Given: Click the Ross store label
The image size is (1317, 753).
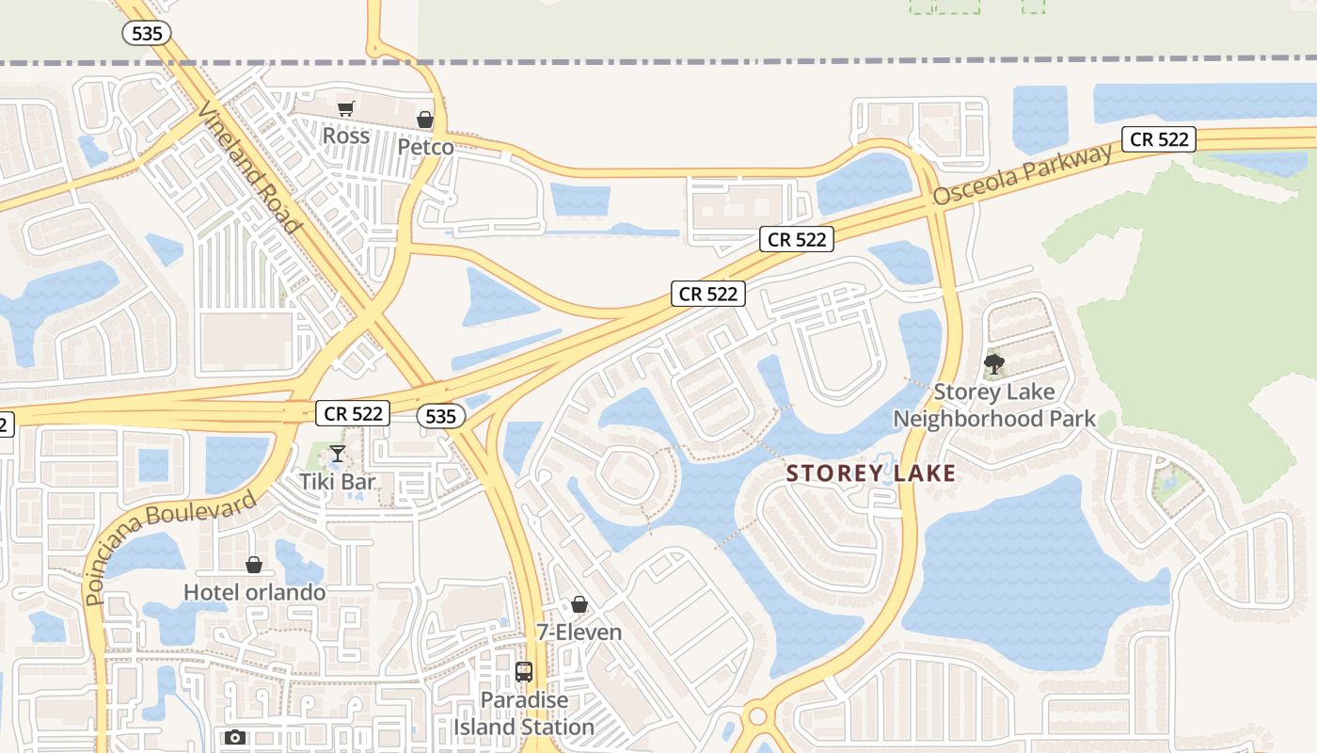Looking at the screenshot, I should pos(345,136).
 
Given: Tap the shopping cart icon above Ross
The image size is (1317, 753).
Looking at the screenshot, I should pos(345,109).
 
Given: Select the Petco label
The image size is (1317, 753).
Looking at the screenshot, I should pos(425,148).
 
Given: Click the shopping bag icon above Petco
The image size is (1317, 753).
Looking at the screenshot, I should pos(425,120).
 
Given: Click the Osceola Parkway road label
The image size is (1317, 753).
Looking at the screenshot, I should pos(1023,176).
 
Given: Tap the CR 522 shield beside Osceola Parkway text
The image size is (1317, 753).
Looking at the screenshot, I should pos(1159,139).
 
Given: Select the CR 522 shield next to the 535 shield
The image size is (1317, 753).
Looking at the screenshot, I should pos(354,413).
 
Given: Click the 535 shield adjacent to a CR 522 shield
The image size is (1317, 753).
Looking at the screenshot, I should pos(440,416).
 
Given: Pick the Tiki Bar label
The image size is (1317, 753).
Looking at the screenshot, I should pos(338,482).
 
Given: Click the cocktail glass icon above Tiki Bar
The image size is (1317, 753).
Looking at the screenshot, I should pos(338,455).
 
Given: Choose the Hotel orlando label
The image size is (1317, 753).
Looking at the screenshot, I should pos(254,592).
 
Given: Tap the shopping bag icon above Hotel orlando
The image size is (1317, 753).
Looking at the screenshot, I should pos(253,565).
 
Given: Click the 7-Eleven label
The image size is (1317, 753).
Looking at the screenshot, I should pos(579,632).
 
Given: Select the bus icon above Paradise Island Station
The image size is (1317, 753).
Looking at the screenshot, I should pos(524,673).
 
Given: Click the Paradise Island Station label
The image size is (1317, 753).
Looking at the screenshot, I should pos(524,713).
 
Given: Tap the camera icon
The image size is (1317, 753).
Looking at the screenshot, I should pos(235,737).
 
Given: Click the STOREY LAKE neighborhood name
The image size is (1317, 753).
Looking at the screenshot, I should pos(870,473).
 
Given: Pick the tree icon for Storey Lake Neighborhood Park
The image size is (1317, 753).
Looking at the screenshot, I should pos(993,364).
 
